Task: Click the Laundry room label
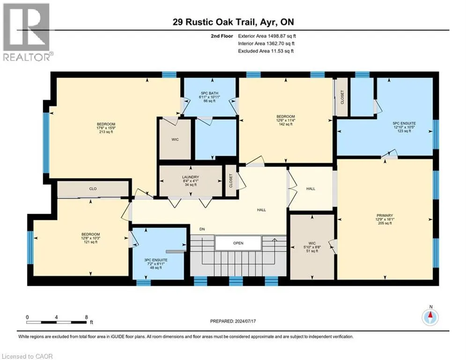pyautogui.click(x=191, y=181)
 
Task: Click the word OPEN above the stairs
pyautogui.click(x=238, y=243)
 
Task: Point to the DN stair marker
pyautogui.click(x=202, y=229)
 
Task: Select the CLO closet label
pyautogui.click(x=93, y=189)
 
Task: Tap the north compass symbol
pyautogui.click(x=429, y=317)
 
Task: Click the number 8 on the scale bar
pyautogui.click(x=86, y=317)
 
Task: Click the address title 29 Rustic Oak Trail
pyautogui.click(x=233, y=22)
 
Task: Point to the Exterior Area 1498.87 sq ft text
pyautogui.click(x=266, y=36)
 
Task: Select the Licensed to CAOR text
pyautogui.click(x=27, y=356)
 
